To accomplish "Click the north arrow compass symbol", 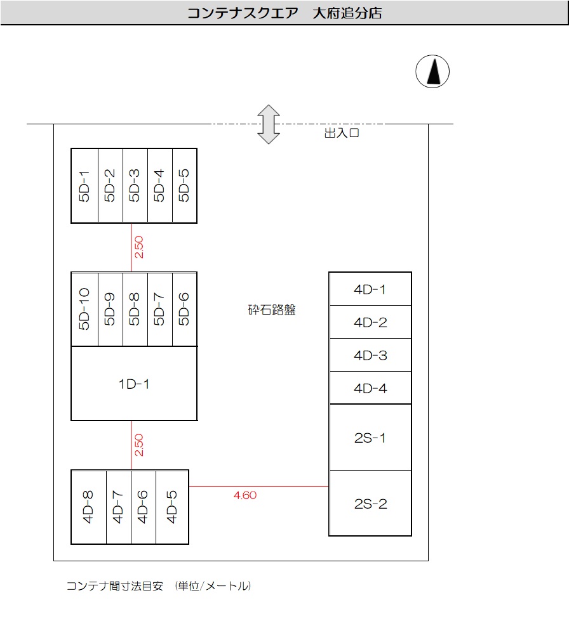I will [432, 70].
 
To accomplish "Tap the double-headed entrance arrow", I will [269, 124].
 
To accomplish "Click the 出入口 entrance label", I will [342, 133].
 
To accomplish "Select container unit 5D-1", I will [84, 185].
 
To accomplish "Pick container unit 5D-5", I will [184, 185].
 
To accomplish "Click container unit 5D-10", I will [84, 309].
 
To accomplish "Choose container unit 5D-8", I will [135, 309].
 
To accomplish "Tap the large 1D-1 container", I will [133, 383].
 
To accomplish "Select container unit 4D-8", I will [88, 507].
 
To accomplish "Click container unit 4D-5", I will [171, 507].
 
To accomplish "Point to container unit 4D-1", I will [370, 289].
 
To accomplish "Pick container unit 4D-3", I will [370, 355].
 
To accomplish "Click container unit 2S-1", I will [370, 438].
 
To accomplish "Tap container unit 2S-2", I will [370, 504].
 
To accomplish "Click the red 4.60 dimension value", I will [245, 495].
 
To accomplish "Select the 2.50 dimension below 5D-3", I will [139, 247].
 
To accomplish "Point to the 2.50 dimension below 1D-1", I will [139, 445].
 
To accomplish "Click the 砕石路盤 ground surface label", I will [272, 310].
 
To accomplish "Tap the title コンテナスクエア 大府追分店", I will [284, 13].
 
